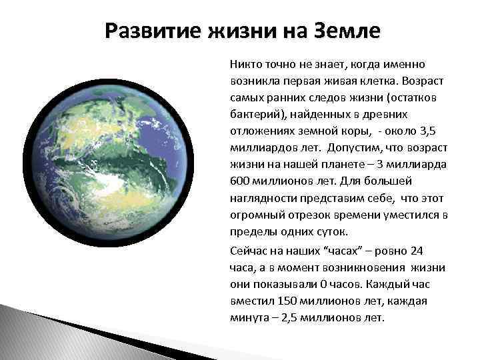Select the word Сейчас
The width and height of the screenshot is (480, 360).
point(248,251)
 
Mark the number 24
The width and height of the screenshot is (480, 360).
point(417,251)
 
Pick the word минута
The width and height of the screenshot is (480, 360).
point(246,317)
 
